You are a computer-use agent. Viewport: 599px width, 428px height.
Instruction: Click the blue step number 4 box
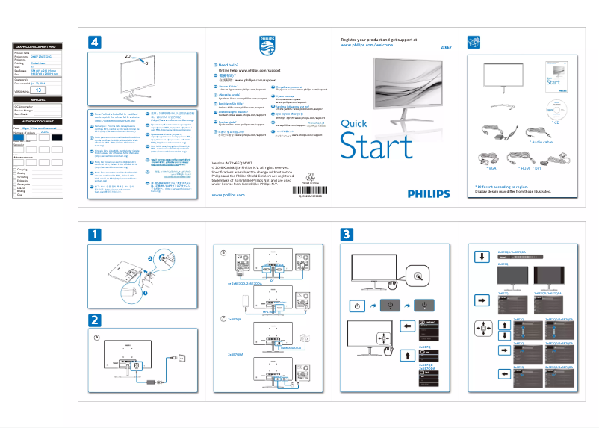(x=94, y=43)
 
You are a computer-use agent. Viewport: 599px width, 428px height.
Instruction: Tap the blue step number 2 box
(x=94, y=320)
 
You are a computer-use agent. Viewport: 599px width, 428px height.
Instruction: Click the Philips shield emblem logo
(x=267, y=46)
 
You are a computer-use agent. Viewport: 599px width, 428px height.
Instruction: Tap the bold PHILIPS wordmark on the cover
(x=429, y=193)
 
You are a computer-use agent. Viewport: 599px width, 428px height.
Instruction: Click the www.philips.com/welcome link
(x=366, y=45)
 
